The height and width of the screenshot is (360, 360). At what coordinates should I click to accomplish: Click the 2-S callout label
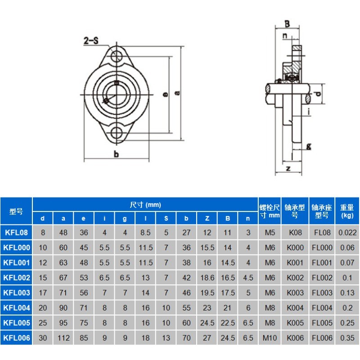pyautogui.click(x=91, y=40)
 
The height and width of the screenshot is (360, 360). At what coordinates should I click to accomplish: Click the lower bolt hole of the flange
pyautogui.click(x=117, y=133)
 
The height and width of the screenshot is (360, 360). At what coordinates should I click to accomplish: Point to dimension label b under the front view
pyautogui.click(x=117, y=154)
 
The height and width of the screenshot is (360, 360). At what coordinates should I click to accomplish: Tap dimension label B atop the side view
pyautogui.click(x=287, y=24)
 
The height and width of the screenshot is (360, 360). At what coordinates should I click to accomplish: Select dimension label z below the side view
pyautogui.click(x=288, y=169)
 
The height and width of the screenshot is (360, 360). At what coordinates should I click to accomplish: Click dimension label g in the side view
pyautogui.click(x=309, y=147)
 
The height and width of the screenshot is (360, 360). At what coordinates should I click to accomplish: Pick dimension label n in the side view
pyautogui.click(x=285, y=36)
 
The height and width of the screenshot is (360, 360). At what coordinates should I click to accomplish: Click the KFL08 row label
pyautogui.click(x=16, y=232)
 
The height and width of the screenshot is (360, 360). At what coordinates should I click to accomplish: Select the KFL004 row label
pyautogui.click(x=17, y=308)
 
